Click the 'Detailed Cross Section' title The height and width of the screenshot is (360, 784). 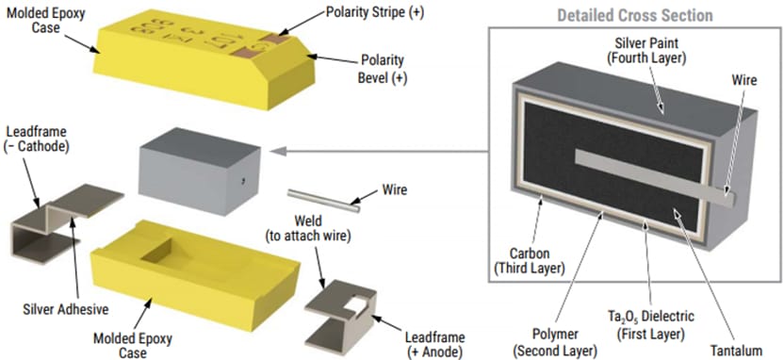(634, 16)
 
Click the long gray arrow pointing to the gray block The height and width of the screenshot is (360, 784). (377, 148)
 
